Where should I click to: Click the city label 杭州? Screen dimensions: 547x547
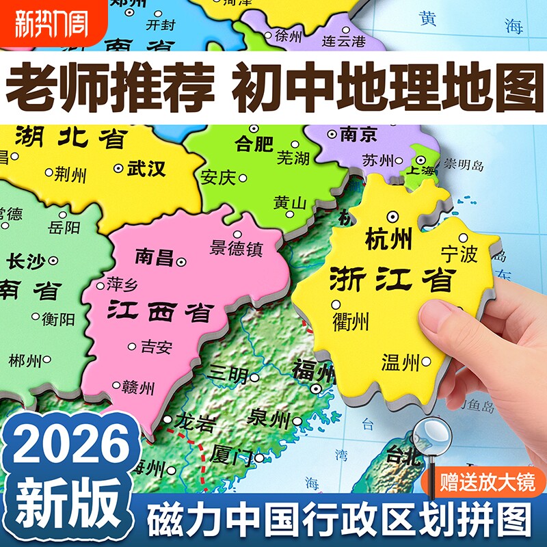388,240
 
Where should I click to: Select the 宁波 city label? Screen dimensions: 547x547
459,254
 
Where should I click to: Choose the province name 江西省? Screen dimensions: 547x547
159,312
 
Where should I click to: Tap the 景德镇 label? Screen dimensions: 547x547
237,248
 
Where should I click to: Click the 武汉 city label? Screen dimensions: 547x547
146,168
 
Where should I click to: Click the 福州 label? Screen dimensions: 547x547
313,373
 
